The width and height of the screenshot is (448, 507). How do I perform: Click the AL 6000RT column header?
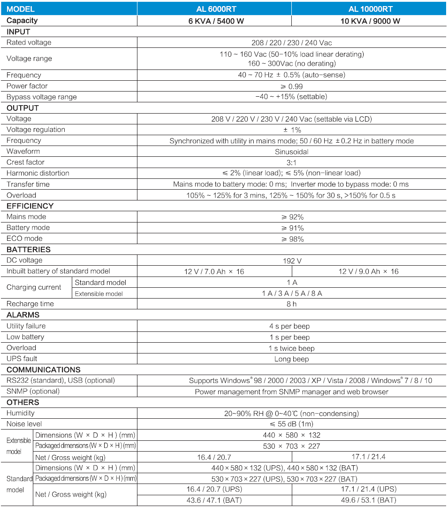coord(214,9)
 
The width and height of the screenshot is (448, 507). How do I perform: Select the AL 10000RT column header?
coord(370,9)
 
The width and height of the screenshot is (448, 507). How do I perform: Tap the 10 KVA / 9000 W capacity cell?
coord(370,21)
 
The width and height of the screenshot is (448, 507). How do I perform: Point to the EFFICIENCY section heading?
coord(30,206)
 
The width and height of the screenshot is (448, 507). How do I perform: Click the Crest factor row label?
coord(25,162)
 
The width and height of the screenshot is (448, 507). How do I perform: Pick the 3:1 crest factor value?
coord(291,162)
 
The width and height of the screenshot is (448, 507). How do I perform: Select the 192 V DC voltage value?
coord(292,261)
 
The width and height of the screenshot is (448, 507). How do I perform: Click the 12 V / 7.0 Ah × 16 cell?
coord(213,271)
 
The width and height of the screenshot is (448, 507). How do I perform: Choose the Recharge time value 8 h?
coord(292,304)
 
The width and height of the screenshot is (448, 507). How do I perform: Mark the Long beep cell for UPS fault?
coord(292,359)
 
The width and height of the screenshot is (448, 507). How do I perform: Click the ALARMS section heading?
coord(23,315)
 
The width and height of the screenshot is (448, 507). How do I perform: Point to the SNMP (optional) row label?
coord(33,392)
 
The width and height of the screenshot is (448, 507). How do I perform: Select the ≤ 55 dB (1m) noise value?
coord(292,424)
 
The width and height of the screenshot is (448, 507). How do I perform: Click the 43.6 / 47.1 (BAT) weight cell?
coord(214,500)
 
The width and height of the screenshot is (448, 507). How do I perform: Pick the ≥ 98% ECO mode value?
coord(292,239)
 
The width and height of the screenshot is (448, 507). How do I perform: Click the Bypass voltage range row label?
coord(41,97)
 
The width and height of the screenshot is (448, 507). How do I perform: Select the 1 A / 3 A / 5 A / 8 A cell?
coord(292,293)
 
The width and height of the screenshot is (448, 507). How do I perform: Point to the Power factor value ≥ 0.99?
coord(292,86)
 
